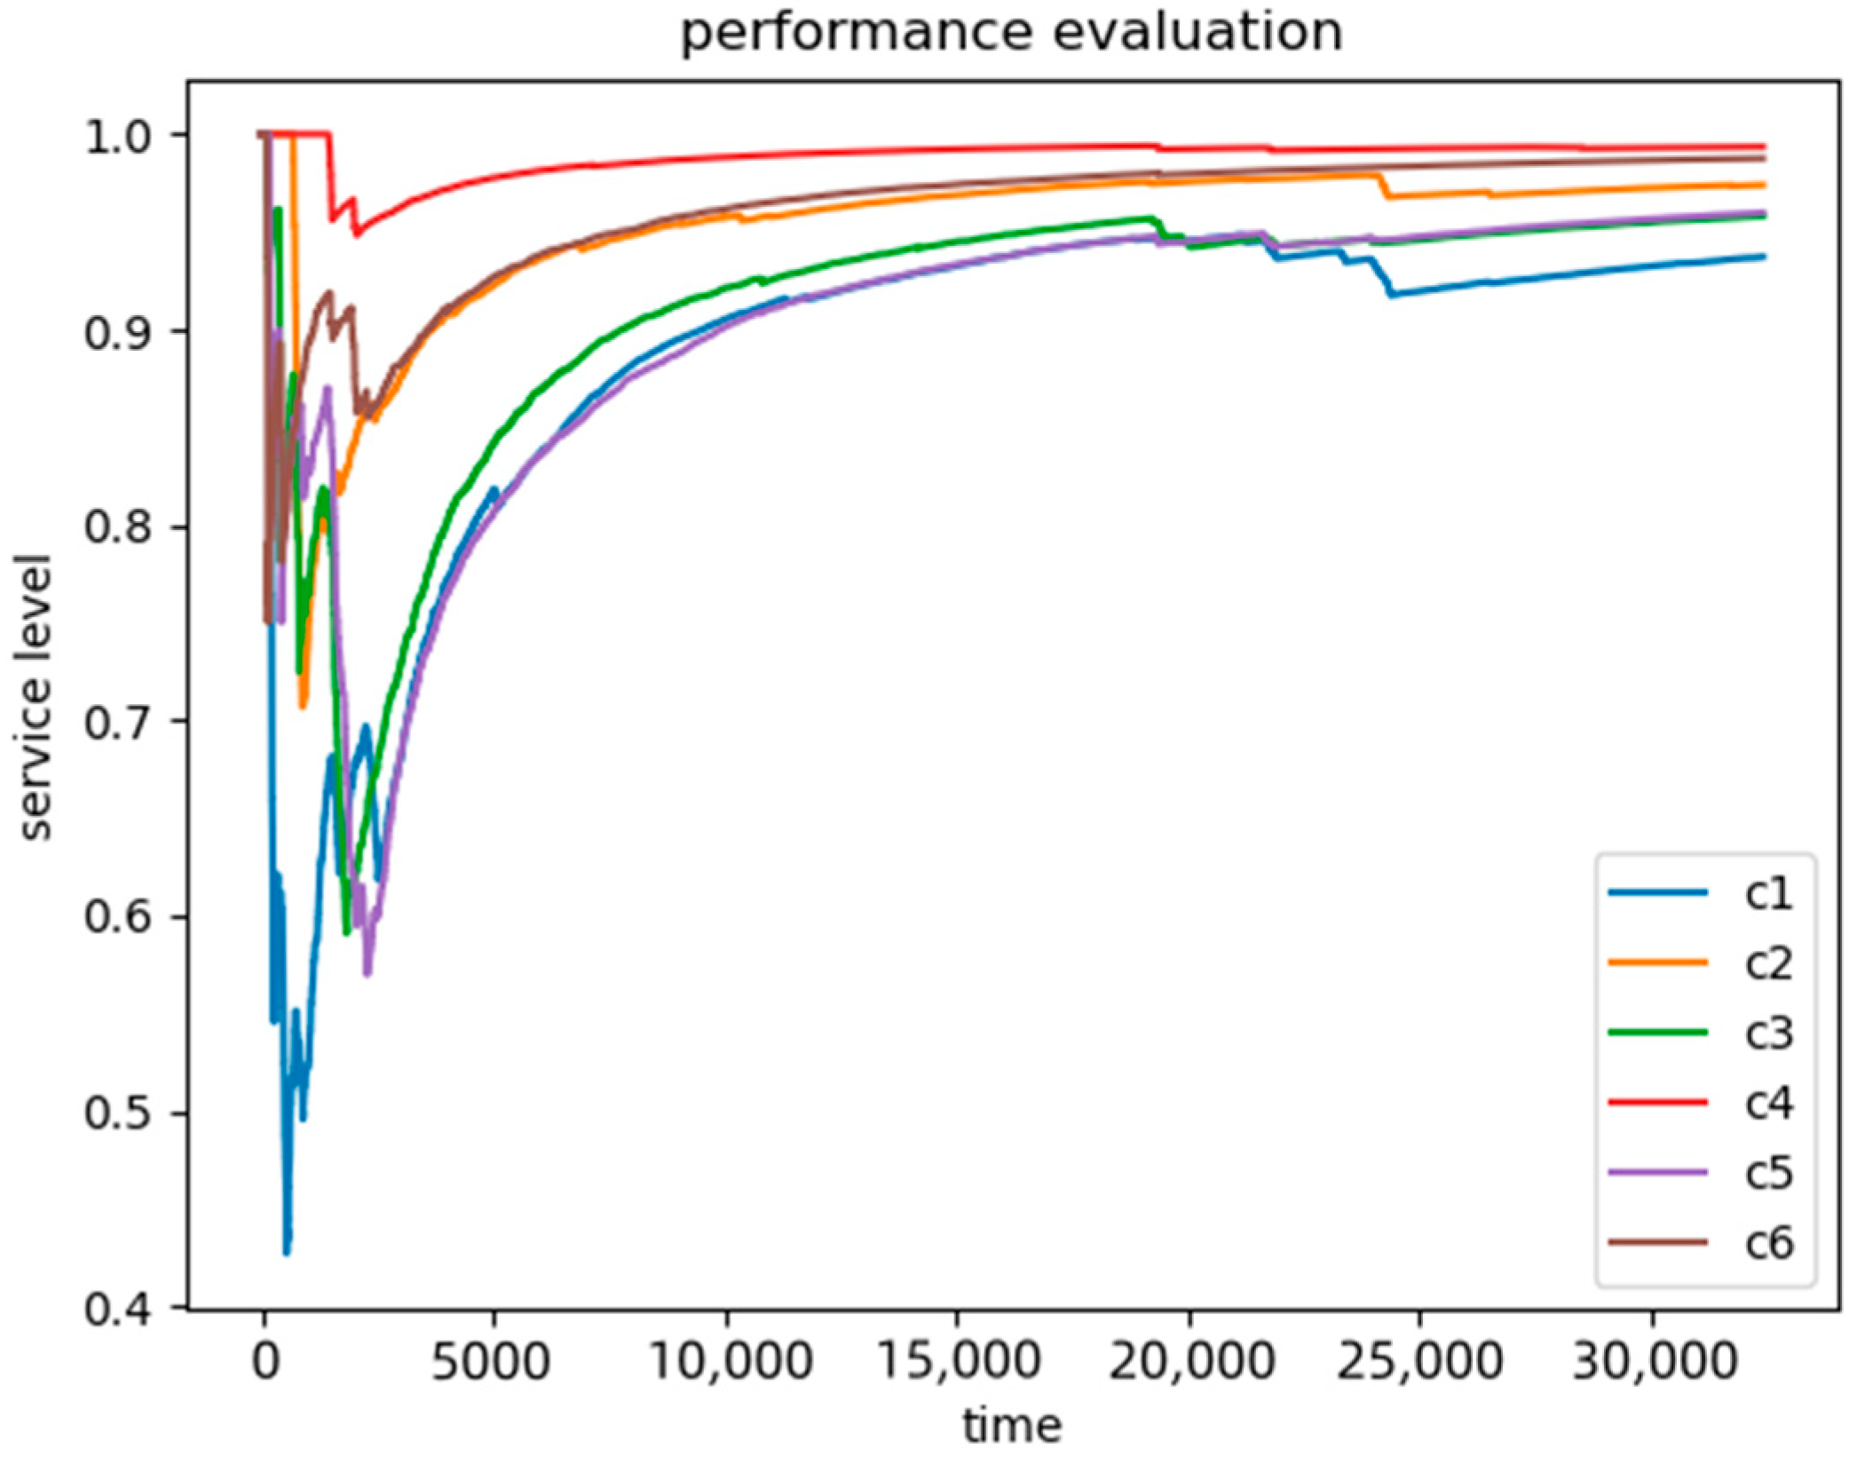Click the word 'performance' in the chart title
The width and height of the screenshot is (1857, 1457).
(856, 34)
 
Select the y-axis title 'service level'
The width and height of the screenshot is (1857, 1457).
(36, 696)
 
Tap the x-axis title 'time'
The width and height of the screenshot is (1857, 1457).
(1012, 1426)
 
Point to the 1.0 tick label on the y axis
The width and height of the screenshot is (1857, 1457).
(113, 137)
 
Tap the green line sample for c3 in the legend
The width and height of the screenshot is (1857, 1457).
(1657, 1033)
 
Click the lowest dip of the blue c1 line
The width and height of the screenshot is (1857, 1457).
(287, 1253)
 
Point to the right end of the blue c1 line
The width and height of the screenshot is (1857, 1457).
(1764, 257)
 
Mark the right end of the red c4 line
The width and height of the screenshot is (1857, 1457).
(1764, 146)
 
